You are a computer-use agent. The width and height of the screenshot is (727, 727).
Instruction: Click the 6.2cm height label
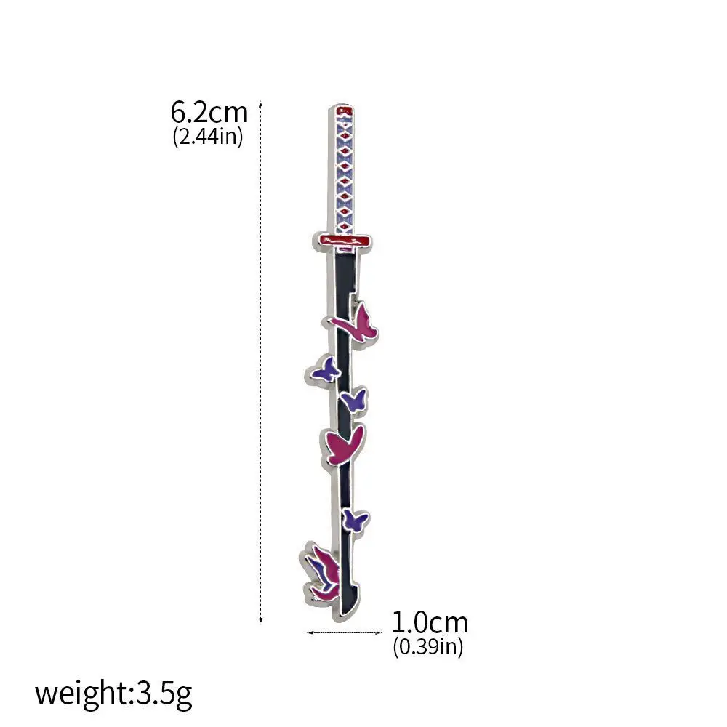(209, 112)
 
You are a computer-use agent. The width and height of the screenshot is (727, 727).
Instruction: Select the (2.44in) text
(208, 137)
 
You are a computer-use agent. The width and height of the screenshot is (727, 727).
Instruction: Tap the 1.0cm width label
(430, 623)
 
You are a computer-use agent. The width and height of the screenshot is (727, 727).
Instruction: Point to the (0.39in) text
(428, 646)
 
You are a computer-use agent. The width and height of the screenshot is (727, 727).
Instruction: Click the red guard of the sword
(342, 241)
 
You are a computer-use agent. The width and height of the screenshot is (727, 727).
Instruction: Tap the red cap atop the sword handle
(345, 111)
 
